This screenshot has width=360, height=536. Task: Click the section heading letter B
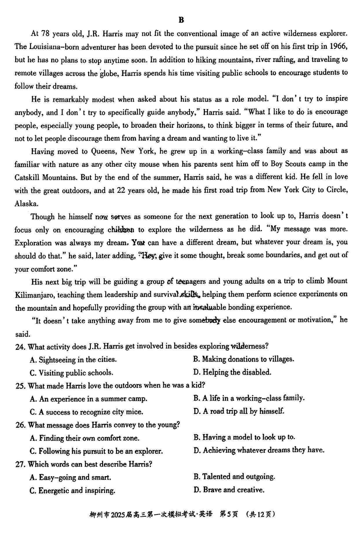(x=181, y=20)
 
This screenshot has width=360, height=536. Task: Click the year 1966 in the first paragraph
(x=337, y=46)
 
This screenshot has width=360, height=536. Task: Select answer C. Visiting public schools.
(x=72, y=372)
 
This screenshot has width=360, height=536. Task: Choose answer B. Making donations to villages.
(x=243, y=359)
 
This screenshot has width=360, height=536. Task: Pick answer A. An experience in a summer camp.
(x=88, y=398)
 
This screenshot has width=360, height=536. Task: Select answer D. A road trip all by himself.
(x=239, y=411)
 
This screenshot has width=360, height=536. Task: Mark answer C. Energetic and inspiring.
(x=72, y=490)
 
